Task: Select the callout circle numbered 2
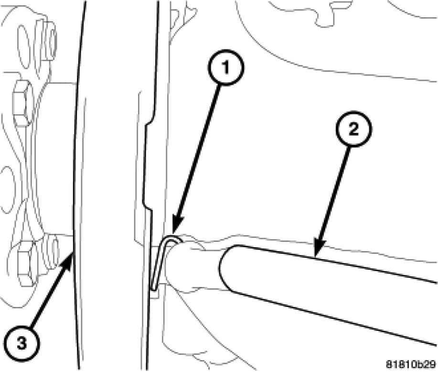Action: coord(353,129)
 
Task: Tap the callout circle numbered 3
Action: coord(22,343)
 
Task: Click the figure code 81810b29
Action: coord(411,364)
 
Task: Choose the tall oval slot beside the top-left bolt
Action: coord(24,47)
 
